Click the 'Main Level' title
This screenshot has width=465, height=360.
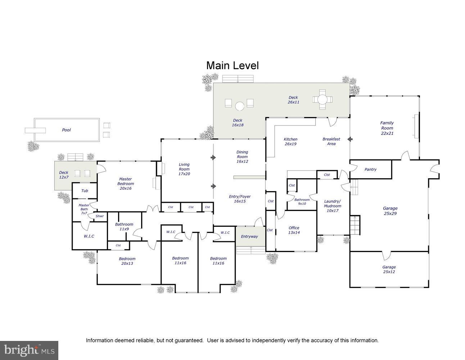point(232,66)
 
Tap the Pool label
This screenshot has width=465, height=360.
point(66,130)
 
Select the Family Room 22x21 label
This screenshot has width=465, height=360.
point(387,128)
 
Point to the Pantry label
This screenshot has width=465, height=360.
point(370,170)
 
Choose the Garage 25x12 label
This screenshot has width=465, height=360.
point(389,269)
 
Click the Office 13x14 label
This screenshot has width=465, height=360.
point(294,230)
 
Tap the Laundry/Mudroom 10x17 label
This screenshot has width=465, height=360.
point(332,206)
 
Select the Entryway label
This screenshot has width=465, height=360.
point(249,237)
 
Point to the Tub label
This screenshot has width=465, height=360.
point(85,191)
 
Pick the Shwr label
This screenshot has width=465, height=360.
point(100,216)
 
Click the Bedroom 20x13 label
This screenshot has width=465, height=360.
point(127,261)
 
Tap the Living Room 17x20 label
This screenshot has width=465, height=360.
point(184,169)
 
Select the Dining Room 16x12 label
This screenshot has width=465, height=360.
point(242,157)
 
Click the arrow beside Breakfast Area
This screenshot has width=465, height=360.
point(349,139)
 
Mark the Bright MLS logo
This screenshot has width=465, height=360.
point(29,350)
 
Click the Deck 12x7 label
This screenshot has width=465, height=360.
point(64,175)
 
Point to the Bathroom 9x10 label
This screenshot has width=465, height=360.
point(302,202)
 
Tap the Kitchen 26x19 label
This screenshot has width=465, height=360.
point(290,141)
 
